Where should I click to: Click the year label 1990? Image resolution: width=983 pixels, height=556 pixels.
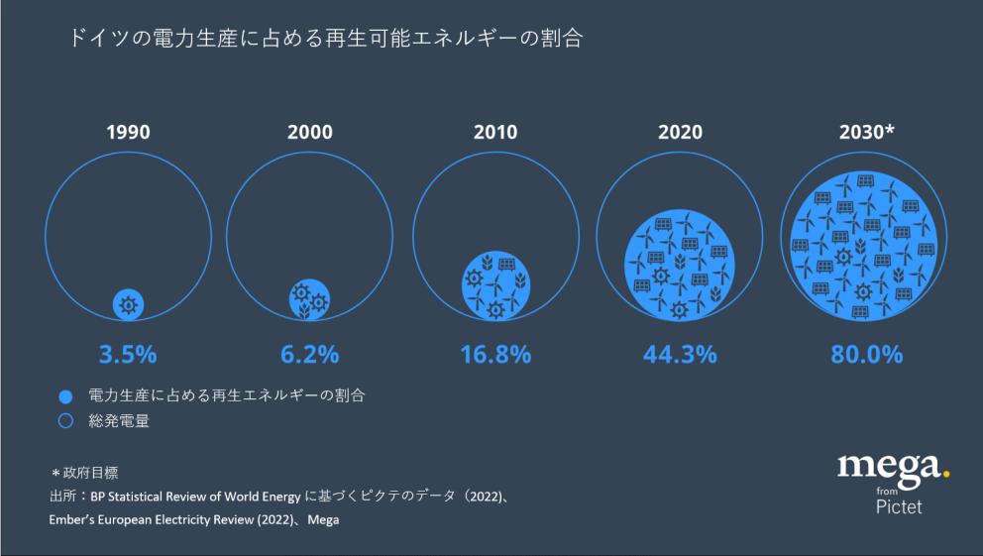click(128, 132)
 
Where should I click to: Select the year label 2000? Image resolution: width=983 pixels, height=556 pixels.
click(310, 132)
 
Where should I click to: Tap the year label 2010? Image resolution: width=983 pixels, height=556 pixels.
click(495, 132)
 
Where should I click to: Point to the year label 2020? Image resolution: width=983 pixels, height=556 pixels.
click(679, 132)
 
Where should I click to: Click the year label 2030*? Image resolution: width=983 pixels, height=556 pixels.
click(866, 132)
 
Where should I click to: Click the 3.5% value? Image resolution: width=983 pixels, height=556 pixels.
click(128, 354)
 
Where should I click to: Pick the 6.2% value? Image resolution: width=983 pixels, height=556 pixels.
click(310, 354)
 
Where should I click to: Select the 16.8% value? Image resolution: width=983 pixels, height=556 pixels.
click(495, 354)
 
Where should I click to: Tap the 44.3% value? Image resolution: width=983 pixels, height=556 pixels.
click(679, 354)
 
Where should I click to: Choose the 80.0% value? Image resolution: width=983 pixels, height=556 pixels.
click(866, 354)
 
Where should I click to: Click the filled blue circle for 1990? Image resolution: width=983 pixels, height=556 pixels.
click(128, 304)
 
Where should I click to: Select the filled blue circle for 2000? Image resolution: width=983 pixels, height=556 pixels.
click(310, 299)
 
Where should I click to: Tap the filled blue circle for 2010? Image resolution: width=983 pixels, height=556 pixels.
click(495, 285)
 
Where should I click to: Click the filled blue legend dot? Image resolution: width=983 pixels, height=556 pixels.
click(66, 396)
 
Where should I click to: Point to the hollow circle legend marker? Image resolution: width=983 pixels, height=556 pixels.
click(66, 420)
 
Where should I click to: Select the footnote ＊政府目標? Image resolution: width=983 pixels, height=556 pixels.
click(84, 473)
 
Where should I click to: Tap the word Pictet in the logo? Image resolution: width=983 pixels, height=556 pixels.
click(899, 507)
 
